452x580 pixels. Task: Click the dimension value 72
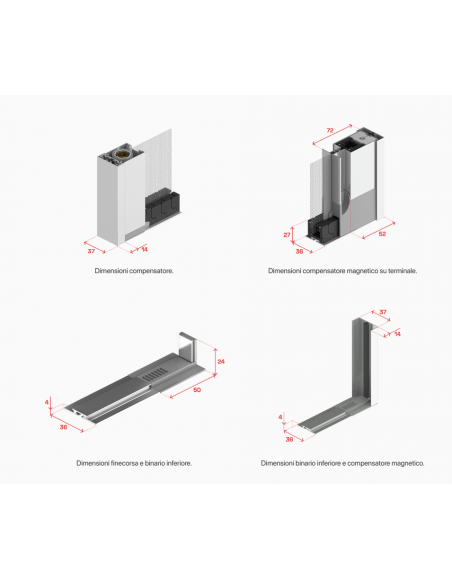[x=330, y=130]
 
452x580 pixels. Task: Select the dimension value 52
[x=382, y=234]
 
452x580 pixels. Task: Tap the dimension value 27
[x=287, y=235]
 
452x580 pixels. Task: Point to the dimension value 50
[x=197, y=390]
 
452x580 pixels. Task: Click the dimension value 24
[x=221, y=361]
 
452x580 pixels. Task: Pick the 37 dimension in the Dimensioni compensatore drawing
[x=91, y=251]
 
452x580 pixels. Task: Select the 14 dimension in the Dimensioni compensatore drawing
[x=145, y=249]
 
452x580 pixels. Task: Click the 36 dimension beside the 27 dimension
[x=299, y=251]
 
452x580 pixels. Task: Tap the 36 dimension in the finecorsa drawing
[x=63, y=427]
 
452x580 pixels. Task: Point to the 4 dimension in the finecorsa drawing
[x=47, y=402]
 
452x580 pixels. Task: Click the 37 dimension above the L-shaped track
[x=383, y=312]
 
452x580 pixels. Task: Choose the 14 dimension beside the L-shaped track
[x=397, y=334]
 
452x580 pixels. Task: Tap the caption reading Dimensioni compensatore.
[x=134, y=271]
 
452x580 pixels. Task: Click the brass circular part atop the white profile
[x=120, y=154]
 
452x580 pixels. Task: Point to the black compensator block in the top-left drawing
[x=162, y=208]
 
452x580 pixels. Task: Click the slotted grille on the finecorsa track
[x=155, y=374]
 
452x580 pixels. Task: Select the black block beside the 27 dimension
[x=323, y=230]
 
